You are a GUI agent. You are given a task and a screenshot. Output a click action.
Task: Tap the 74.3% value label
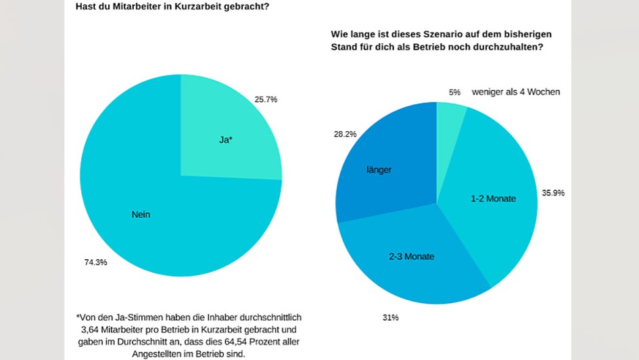pos(95,262)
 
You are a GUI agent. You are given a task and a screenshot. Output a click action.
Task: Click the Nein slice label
pos(141,215)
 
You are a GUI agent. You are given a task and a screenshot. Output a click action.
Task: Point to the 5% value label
pos(454,92)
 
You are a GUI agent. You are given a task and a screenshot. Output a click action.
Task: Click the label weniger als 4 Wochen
pos(515,92)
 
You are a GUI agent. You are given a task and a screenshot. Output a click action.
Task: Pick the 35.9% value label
pos(553,193)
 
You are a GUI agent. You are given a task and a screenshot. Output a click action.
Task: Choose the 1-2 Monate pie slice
pos(494,198)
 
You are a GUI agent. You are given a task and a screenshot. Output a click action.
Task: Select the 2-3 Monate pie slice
pos(411,257)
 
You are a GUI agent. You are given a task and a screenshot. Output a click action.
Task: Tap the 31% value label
pos(391,317)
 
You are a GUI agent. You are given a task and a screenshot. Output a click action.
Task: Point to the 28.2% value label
pos(345,134)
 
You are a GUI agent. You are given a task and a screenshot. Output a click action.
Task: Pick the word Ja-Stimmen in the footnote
pos(136,317)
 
